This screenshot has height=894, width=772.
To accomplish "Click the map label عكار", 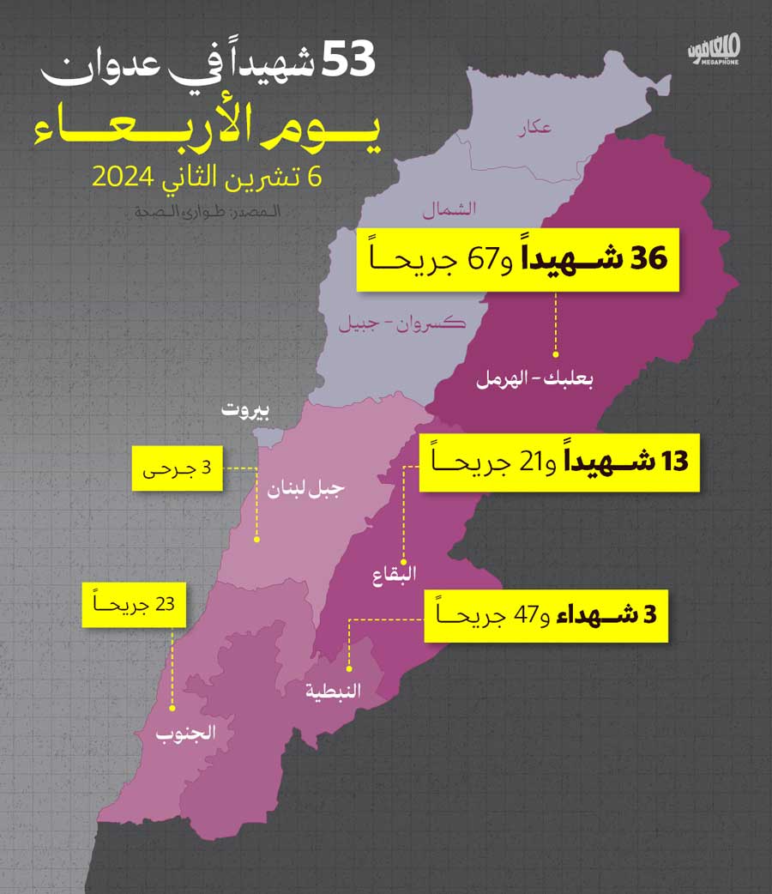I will click(534, 129).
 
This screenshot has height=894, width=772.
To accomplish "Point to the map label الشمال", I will click(449, 208).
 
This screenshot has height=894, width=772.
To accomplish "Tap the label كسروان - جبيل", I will click(401, 323).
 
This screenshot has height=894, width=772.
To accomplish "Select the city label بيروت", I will click(245, 409).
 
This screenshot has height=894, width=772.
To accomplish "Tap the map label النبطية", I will click(334, 690).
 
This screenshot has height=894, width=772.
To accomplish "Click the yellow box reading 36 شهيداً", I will click(518, 259).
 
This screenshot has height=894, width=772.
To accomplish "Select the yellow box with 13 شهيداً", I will click(558, 462).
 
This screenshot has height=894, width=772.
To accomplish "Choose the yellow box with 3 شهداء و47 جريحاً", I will click(546, 614).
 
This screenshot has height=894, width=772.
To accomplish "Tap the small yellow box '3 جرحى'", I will click(177, 468).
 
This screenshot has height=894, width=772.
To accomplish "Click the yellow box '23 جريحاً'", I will click(135, 605).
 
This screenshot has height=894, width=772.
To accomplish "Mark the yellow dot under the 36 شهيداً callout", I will click(556, 353).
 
